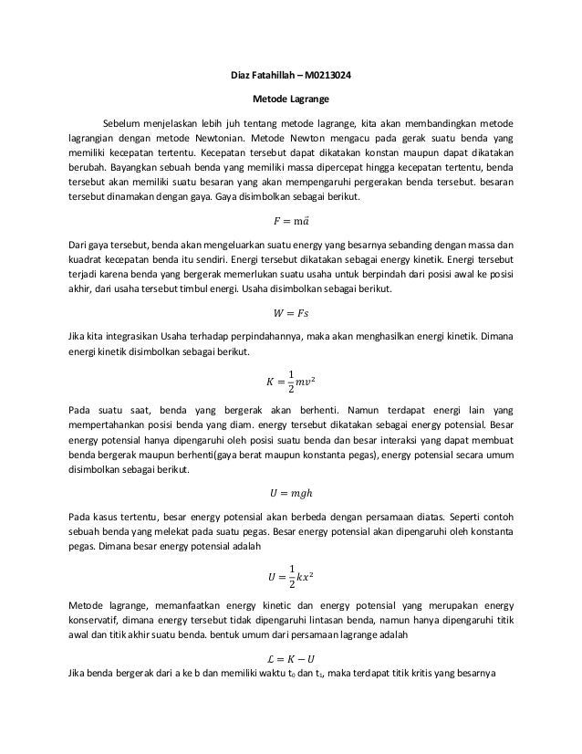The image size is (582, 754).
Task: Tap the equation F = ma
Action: (290, 221)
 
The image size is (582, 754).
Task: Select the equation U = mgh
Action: (290, 494)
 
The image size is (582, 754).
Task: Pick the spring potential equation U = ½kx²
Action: (290, 577)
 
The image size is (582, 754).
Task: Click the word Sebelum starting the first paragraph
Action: (121, 122)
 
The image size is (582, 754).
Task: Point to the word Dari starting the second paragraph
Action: (79, 245)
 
